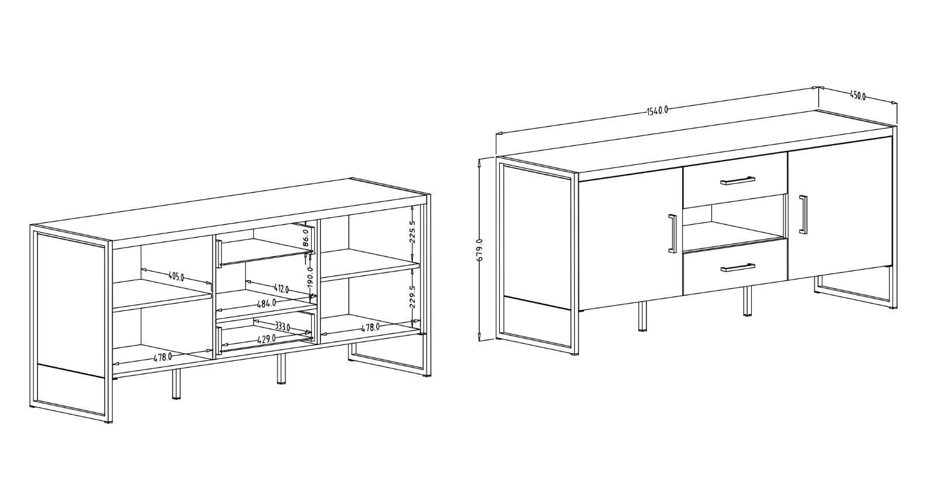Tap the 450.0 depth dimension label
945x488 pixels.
pos(857,96)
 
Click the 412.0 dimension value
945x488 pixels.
pos(282,288)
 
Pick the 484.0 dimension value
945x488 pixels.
pos(267,304)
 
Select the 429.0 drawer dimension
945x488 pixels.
pos(266,339)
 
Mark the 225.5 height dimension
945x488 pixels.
pos(412,231)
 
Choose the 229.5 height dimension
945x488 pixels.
pos(412,296)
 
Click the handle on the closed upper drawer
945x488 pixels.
pos(738,180)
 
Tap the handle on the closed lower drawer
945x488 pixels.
pos(738,267)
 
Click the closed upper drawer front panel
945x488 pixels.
pos(734,186)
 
